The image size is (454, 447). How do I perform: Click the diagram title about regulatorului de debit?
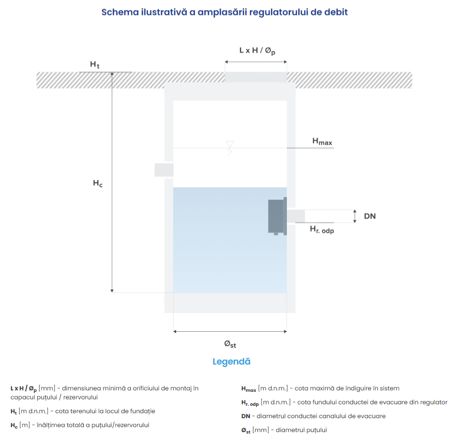[x=224, y=12]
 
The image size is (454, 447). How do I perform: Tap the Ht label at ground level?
[x=95, y=65]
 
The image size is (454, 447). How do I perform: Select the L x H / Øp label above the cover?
[x=257, y=51]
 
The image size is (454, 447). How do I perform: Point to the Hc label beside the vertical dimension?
[x=98, y=183]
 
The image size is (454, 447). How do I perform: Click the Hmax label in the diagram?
[x=322, y=142]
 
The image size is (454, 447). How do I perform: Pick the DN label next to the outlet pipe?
[x=370, y=216]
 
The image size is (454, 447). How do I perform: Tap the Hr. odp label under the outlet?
[x=322, y=229]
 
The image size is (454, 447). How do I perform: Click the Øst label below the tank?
[x=230, y=343]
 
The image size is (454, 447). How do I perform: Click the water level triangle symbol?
[x=230, y=145]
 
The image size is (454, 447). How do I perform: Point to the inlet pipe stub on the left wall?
[x=164, y=169]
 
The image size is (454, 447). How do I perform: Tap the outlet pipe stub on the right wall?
[x=296, y=216]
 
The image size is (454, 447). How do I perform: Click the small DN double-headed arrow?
[x=355, y=216]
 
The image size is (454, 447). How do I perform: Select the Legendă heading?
[x=231, y=362]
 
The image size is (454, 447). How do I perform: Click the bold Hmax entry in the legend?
[x=249, y=389]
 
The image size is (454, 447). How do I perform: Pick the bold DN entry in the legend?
[x=245, y=416]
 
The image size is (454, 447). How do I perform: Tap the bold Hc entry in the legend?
[x=14, y=426]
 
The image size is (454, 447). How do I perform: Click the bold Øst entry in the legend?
[x=246, y=431]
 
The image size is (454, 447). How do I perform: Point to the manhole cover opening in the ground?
[x=256, y=77]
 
